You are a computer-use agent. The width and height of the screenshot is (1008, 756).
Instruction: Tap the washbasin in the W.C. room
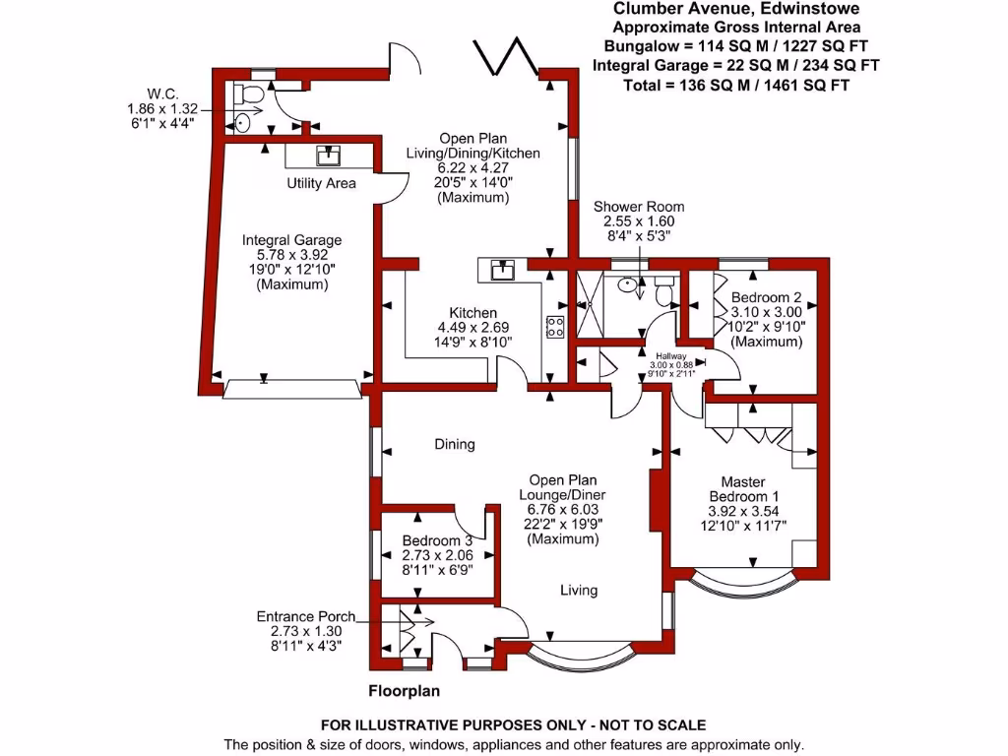(x=243, y=124)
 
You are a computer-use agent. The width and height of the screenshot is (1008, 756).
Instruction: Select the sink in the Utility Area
(x=328, y=156)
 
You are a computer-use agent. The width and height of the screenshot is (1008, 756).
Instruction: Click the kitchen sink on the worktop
(x=504, y=269)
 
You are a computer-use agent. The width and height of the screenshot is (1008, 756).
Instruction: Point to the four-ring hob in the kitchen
(x=554, y=327)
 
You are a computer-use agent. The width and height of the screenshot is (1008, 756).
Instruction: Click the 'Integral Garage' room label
(x=292, y=239)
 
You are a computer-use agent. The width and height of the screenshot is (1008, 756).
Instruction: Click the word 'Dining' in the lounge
(x=455, y=444)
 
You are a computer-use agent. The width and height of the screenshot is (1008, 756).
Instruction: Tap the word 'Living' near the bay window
(x=579, y=591)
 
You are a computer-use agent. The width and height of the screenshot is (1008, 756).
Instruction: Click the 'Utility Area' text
(x=322, y=183)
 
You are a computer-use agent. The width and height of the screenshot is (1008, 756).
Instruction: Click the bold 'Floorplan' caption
(x=404, y=690)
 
